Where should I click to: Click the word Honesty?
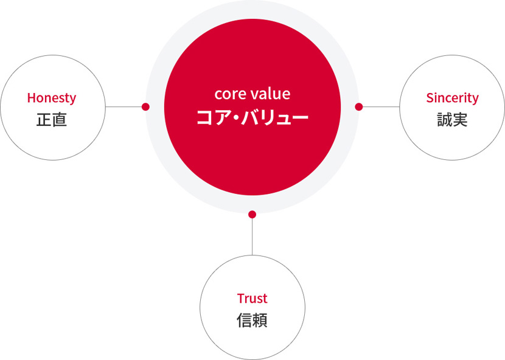[52, 98]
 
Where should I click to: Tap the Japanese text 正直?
[52, 120]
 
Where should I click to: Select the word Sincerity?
[452, 98]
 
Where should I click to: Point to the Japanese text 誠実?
[452, 120]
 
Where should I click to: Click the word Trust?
[252, 299]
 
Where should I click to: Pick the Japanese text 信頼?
[252, 320]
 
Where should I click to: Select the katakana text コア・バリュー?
[252, 117]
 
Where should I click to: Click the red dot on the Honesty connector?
[145, 106]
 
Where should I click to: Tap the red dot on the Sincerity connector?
[359, 106]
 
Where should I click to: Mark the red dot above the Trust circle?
[252, 214]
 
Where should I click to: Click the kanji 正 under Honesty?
[44, 120]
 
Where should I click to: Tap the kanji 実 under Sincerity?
[460, 120]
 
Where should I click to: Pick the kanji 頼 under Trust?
[260, 320]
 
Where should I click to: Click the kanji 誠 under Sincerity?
[444, 120]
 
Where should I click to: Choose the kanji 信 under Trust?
[245, 320]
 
